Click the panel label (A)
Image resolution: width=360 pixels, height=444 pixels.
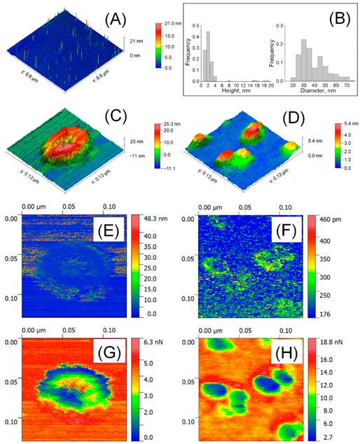[x=116, y=20]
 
